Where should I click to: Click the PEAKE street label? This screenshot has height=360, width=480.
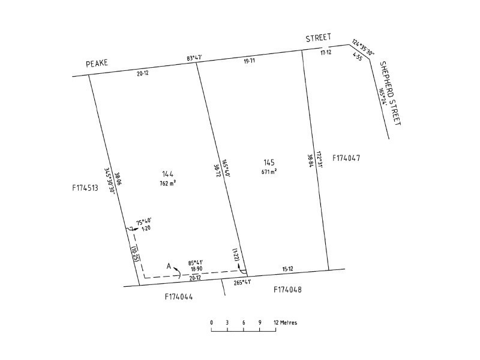(x=97, y=63)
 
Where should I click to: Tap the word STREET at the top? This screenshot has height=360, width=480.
(x=319, y=38)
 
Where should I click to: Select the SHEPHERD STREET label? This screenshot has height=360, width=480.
(x=391, y=93)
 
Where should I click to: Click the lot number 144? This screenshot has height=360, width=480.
(x=168, y=174)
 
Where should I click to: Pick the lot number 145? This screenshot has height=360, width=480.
(x=269, y=163)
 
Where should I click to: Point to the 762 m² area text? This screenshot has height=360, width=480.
(x=168, y=184)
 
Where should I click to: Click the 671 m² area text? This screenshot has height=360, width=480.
(x=269, y=172)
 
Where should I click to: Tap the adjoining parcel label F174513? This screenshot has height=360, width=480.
(x=85, y=187)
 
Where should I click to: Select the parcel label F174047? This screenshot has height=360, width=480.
(x=346, y=158)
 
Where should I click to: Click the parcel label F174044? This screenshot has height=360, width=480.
(x=179, y=296)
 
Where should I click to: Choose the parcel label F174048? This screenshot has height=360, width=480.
(x=287, y=289)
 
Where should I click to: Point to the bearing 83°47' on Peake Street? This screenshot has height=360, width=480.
(x=194, y=58)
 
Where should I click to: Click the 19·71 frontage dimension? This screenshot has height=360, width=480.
(x=249, y=61)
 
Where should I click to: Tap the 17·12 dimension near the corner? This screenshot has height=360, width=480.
(x=326, y=52)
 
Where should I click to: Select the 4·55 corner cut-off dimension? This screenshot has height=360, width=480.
(x=358, y=56)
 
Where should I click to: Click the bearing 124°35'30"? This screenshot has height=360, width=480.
(x=363, y=47)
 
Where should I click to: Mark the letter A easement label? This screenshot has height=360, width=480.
(x=169, y=266)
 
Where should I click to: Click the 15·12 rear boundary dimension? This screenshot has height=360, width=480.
(x=287, y=269)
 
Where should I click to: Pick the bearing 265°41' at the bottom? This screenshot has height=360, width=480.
(x=242, y=283)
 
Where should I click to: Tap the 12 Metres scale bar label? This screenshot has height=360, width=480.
(x=286, y=322)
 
